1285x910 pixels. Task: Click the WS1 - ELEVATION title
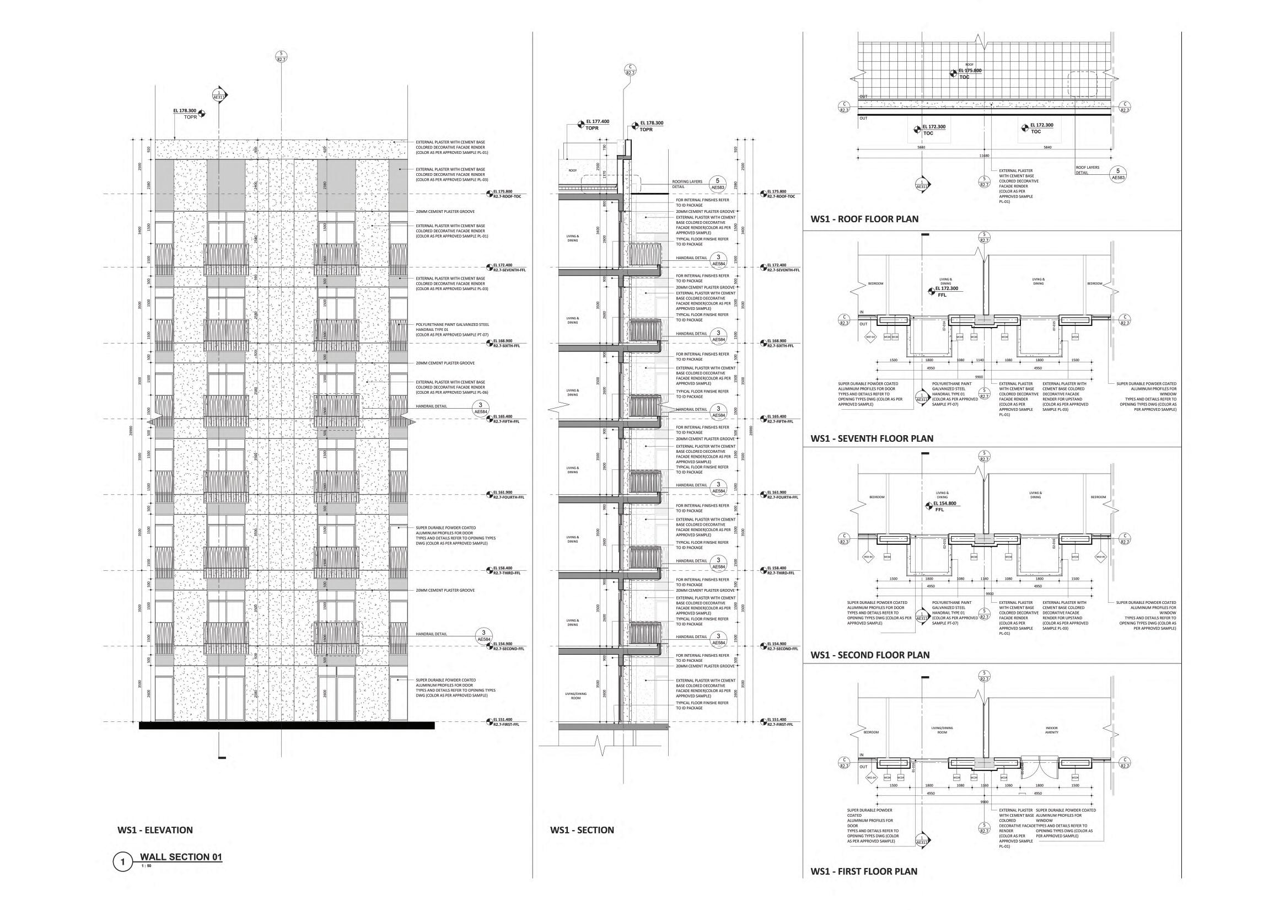coord(155,830)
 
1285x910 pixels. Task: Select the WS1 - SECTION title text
coord(582,830)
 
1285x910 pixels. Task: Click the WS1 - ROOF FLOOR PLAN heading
coord(864,219)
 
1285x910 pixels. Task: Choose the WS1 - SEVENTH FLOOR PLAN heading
coord(872,438)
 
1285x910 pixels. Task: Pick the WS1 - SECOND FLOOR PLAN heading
coord(870,655)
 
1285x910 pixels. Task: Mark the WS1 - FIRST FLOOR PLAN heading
coord(864,871)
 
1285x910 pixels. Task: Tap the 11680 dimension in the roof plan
coord(983,156)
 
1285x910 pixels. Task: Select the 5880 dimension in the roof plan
coord(921,147)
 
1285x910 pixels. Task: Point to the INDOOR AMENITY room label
coord(1051,730)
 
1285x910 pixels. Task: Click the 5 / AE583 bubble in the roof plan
coord(1118,174)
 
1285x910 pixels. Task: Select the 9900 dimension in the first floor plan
coord(984,802)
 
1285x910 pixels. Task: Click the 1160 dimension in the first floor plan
coord(985,785)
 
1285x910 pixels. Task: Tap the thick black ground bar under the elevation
coord(286,726)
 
